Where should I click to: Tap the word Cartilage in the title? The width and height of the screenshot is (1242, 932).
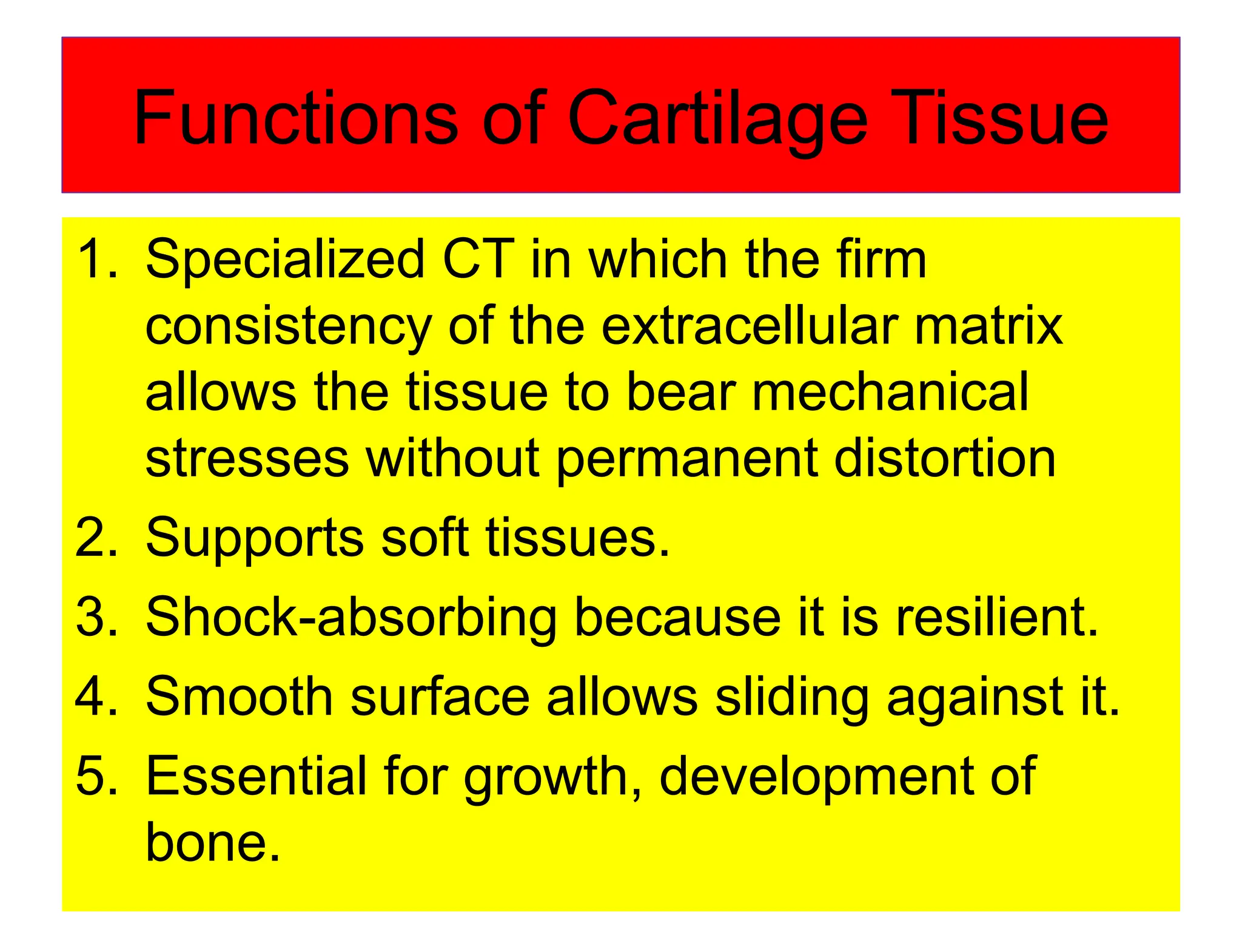click(717, 118)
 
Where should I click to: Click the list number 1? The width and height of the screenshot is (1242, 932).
click(96, 259)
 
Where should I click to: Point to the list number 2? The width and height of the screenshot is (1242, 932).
click(96, 538)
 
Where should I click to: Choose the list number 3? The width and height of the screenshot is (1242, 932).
click(96, 617)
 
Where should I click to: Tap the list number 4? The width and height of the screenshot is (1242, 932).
click(96, 697)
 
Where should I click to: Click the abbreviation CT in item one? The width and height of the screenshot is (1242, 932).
click(478, 259)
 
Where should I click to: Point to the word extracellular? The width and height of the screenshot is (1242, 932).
click(750, 326)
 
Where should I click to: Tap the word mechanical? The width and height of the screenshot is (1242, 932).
click(890, 392)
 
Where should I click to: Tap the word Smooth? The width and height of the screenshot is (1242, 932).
click(240, 697)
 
